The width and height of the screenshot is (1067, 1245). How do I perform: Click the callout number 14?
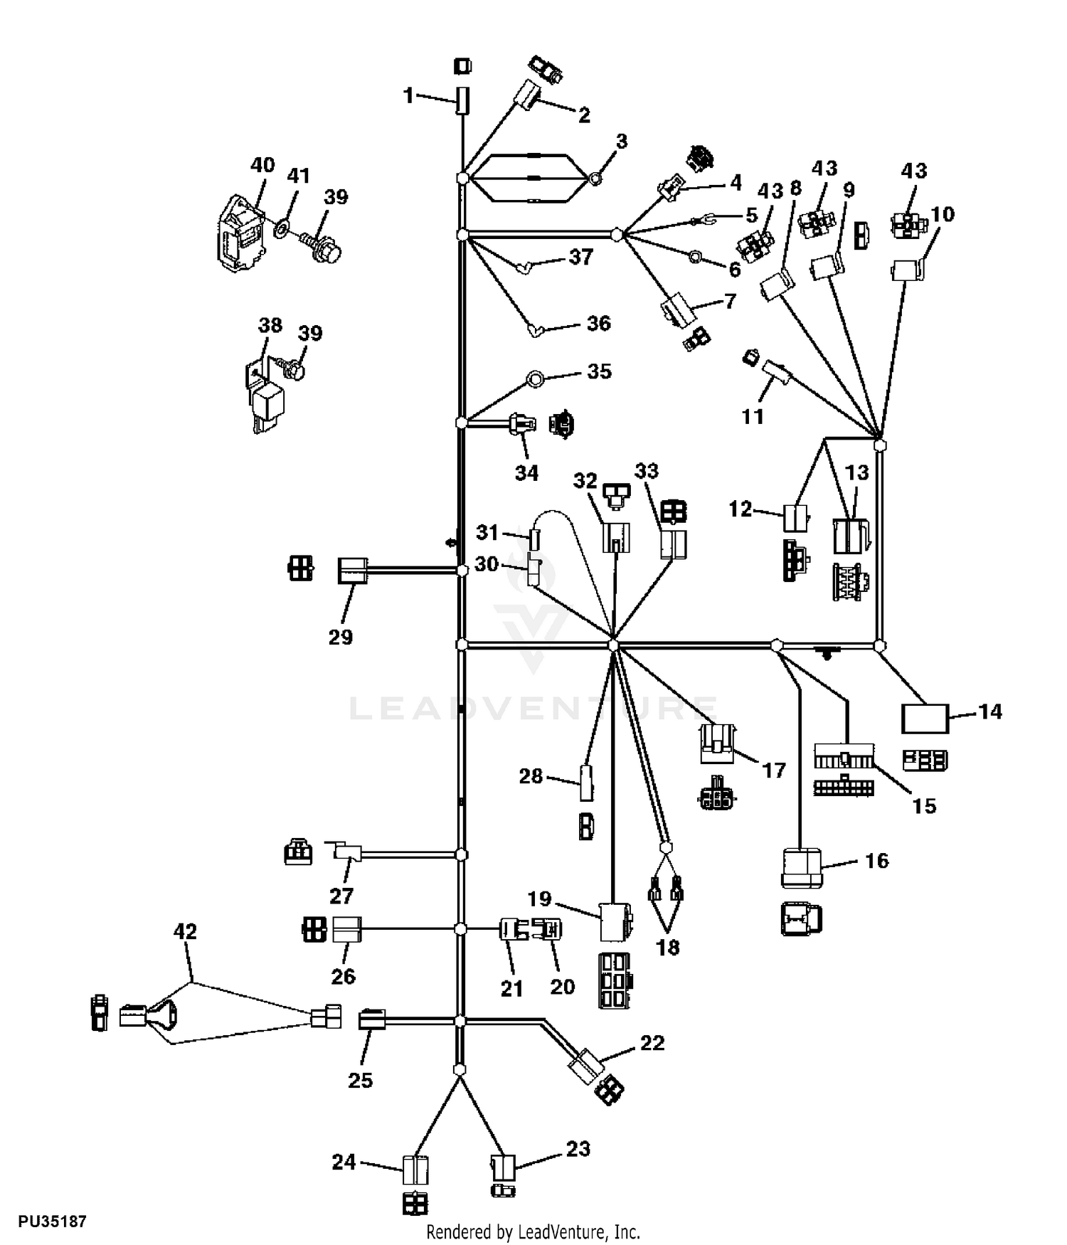coord(990,711)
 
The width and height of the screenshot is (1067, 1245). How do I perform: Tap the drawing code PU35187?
coord(53,1222)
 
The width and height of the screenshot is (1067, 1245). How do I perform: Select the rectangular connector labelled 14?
coord(925,719)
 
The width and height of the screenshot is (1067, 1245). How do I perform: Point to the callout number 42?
coord(185,931)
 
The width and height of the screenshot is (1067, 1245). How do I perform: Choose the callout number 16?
coord(876,861)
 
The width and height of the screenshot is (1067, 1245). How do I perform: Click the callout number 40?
coord(262,165)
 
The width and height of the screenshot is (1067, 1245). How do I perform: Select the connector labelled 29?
coord(353,571)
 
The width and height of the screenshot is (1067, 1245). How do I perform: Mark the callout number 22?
coord(652,1043)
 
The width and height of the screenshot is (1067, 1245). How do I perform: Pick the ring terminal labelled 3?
coord(598,178)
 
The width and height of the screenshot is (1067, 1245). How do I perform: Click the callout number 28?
coord(531,776)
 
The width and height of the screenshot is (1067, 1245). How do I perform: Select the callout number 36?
coord(599,324)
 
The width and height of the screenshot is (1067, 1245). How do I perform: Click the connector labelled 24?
coord(415,1170)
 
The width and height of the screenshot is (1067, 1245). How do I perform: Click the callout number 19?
coord(540,899)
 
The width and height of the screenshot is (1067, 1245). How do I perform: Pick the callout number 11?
coord(753,416)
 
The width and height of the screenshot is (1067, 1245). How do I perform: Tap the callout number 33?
coord(647,471)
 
